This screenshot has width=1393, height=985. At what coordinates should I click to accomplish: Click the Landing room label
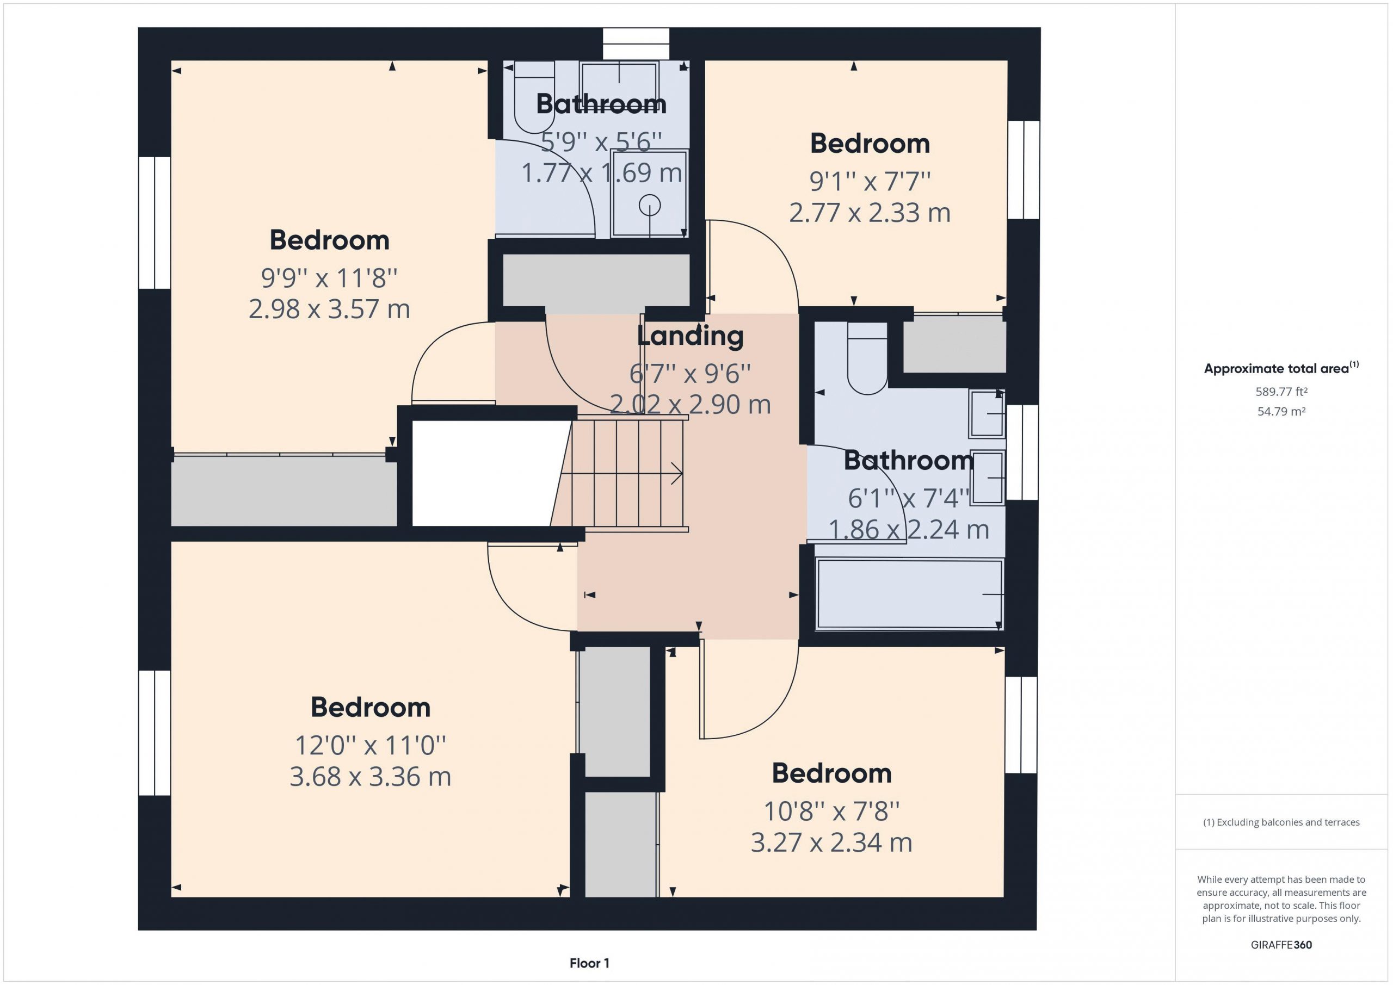691,337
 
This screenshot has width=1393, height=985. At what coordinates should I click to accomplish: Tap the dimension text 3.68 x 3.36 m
370,777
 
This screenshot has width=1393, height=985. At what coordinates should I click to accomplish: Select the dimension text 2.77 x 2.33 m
870,213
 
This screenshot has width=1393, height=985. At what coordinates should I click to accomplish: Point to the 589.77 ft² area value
1281,392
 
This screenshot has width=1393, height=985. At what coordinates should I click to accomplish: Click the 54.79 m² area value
1281,411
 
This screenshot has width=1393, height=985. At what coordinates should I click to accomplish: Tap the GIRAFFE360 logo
1281,944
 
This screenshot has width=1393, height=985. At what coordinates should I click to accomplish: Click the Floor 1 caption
589,963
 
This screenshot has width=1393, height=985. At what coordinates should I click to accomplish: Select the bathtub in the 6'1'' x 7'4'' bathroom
909,594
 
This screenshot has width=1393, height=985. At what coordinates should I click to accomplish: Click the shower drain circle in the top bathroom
649,205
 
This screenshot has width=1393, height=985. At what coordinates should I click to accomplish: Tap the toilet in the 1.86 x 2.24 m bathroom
867,359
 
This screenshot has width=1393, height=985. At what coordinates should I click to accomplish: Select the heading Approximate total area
1281,368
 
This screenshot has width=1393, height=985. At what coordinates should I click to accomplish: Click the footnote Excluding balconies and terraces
1281,822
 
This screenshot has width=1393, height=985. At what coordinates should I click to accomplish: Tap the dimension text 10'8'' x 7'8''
831,811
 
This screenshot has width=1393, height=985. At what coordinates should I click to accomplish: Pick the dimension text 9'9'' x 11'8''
329,278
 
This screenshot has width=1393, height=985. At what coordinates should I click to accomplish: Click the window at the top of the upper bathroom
636,44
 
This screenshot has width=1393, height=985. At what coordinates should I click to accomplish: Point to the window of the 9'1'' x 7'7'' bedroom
1024,170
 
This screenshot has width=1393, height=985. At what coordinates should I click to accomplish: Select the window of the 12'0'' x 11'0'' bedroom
155,733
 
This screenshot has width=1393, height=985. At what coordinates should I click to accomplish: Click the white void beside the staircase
489,474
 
